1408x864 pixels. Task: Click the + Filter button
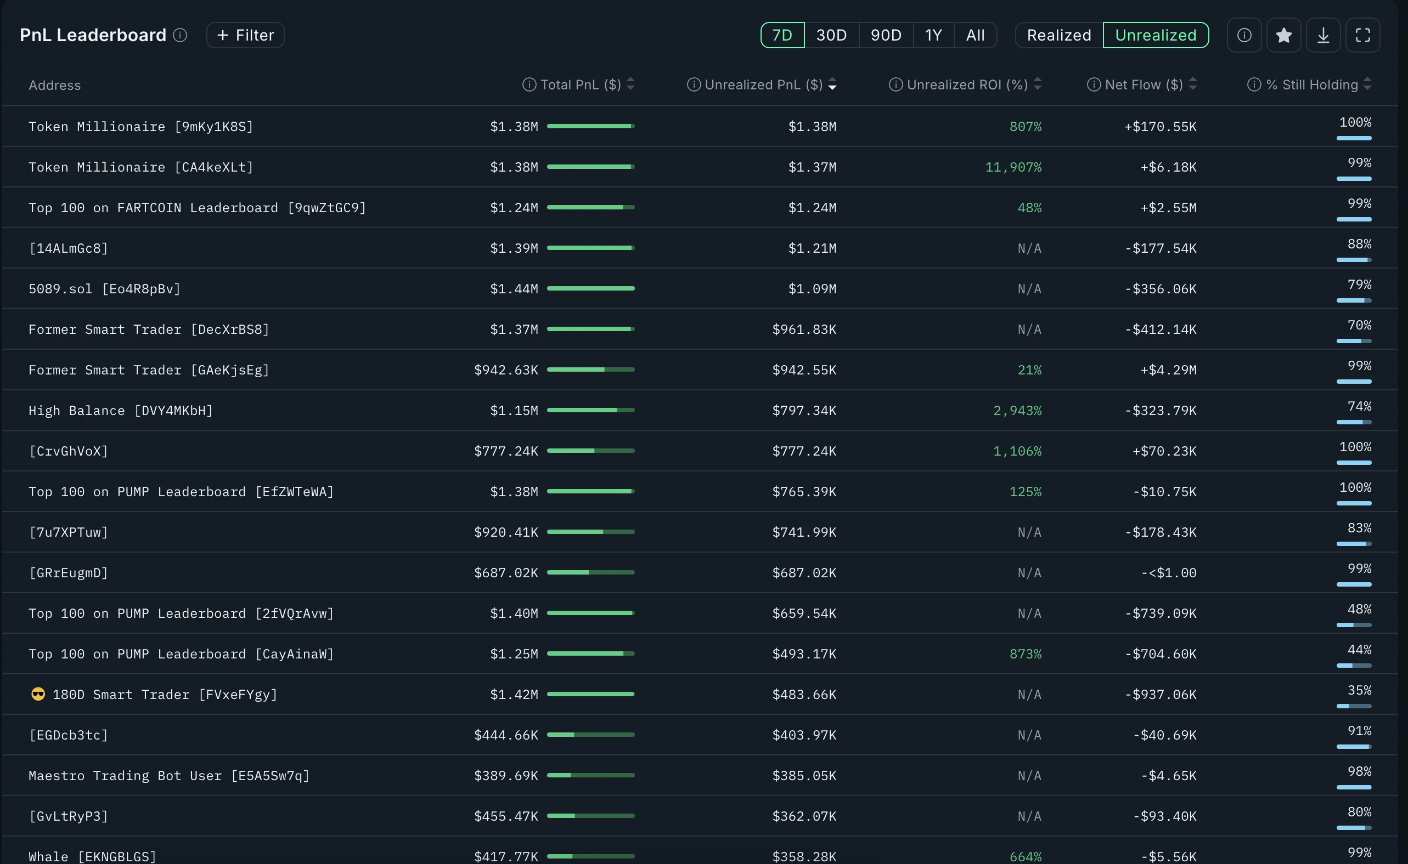point(245,36)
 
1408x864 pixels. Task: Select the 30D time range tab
point(831,36)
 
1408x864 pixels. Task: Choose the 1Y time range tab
point(933,36)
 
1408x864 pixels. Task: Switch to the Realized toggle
point(1058,36)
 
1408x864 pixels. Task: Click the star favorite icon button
point(1283,36)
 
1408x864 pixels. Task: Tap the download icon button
point(1323,36)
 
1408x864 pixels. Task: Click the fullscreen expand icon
point(1362,36)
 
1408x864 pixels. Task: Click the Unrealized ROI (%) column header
point(966,84)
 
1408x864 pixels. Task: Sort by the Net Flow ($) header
point(1143,84)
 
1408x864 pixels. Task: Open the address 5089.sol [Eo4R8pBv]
point(105,288)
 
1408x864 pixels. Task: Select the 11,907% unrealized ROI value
point(1013,167)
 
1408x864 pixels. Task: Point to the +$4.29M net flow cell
point(1168,370)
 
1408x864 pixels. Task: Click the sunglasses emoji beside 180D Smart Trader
point(38,694)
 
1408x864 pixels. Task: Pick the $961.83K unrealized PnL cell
point(803,329)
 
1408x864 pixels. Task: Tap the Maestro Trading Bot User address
point(168,775)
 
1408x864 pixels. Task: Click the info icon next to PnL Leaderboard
point(180,36)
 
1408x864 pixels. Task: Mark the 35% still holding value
point(1359,690)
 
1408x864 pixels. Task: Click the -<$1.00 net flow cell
point(1168,572)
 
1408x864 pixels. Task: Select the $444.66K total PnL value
point(505,735)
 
